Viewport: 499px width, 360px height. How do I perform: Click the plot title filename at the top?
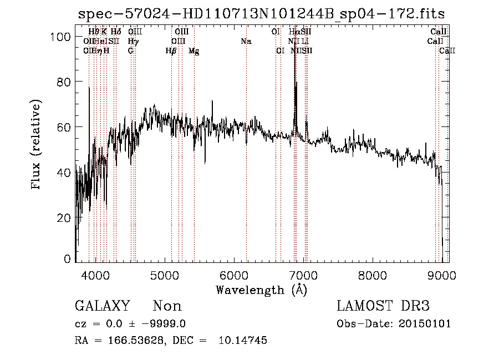[261, 14]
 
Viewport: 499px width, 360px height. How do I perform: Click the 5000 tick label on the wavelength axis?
[164, 276]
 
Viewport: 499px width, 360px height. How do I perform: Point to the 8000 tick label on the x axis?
[372, 276]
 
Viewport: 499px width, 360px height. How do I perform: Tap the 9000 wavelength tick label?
[441, 276]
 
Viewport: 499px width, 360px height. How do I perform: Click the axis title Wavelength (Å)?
[261, 290]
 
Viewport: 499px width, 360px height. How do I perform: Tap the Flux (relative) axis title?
[37, 145]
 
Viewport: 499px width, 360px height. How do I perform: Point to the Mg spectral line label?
[194, 51]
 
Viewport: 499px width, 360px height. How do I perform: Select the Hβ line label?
[171, 51]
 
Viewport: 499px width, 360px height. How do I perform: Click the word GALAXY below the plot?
[103, 306]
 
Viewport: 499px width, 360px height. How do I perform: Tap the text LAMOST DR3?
[383, 306]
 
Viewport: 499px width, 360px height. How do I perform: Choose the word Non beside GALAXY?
[167, 306]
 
